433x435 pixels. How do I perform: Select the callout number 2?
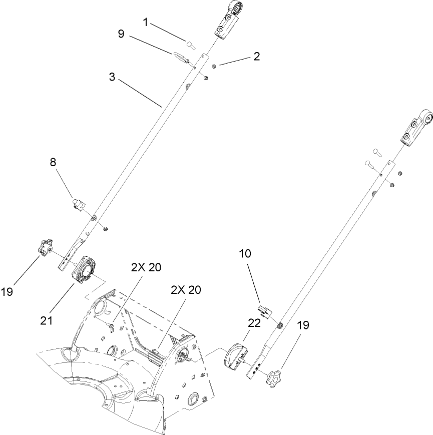pyautogui.click(x=257, y=56)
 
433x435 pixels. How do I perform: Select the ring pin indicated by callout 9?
pyautogui.click(x=181, y=57)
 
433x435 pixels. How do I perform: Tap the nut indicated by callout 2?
pyautogui.click(x=214, y=66)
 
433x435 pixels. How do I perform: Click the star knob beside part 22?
pyautogui.click(x=276, y=375)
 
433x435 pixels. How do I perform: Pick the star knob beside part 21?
pyautogui.click(x=46, y=246)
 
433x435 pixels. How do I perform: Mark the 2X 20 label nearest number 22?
pyautogui.click(x=186, y=290)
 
